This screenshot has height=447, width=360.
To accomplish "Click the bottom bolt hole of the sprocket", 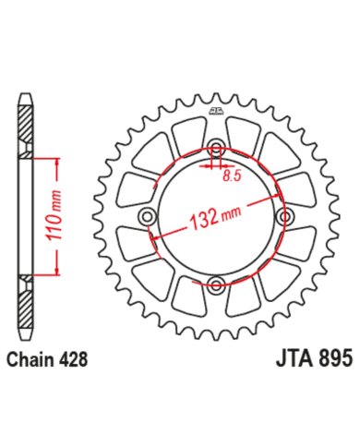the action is click(x=217, y=284).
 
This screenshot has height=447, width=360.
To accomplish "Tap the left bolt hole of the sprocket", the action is click(x=148, y=216).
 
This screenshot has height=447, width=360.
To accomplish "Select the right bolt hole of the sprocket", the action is click(x=285, y=217).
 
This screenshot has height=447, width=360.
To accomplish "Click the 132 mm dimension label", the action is click(x=215, y=217).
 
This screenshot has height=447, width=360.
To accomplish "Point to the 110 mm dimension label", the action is click(x=54, y=215).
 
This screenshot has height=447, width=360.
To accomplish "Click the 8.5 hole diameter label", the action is click(x=232, y=176).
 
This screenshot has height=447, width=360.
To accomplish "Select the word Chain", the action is click(x=30, y=359).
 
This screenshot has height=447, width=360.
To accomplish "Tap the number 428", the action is click(x=72, y=359).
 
